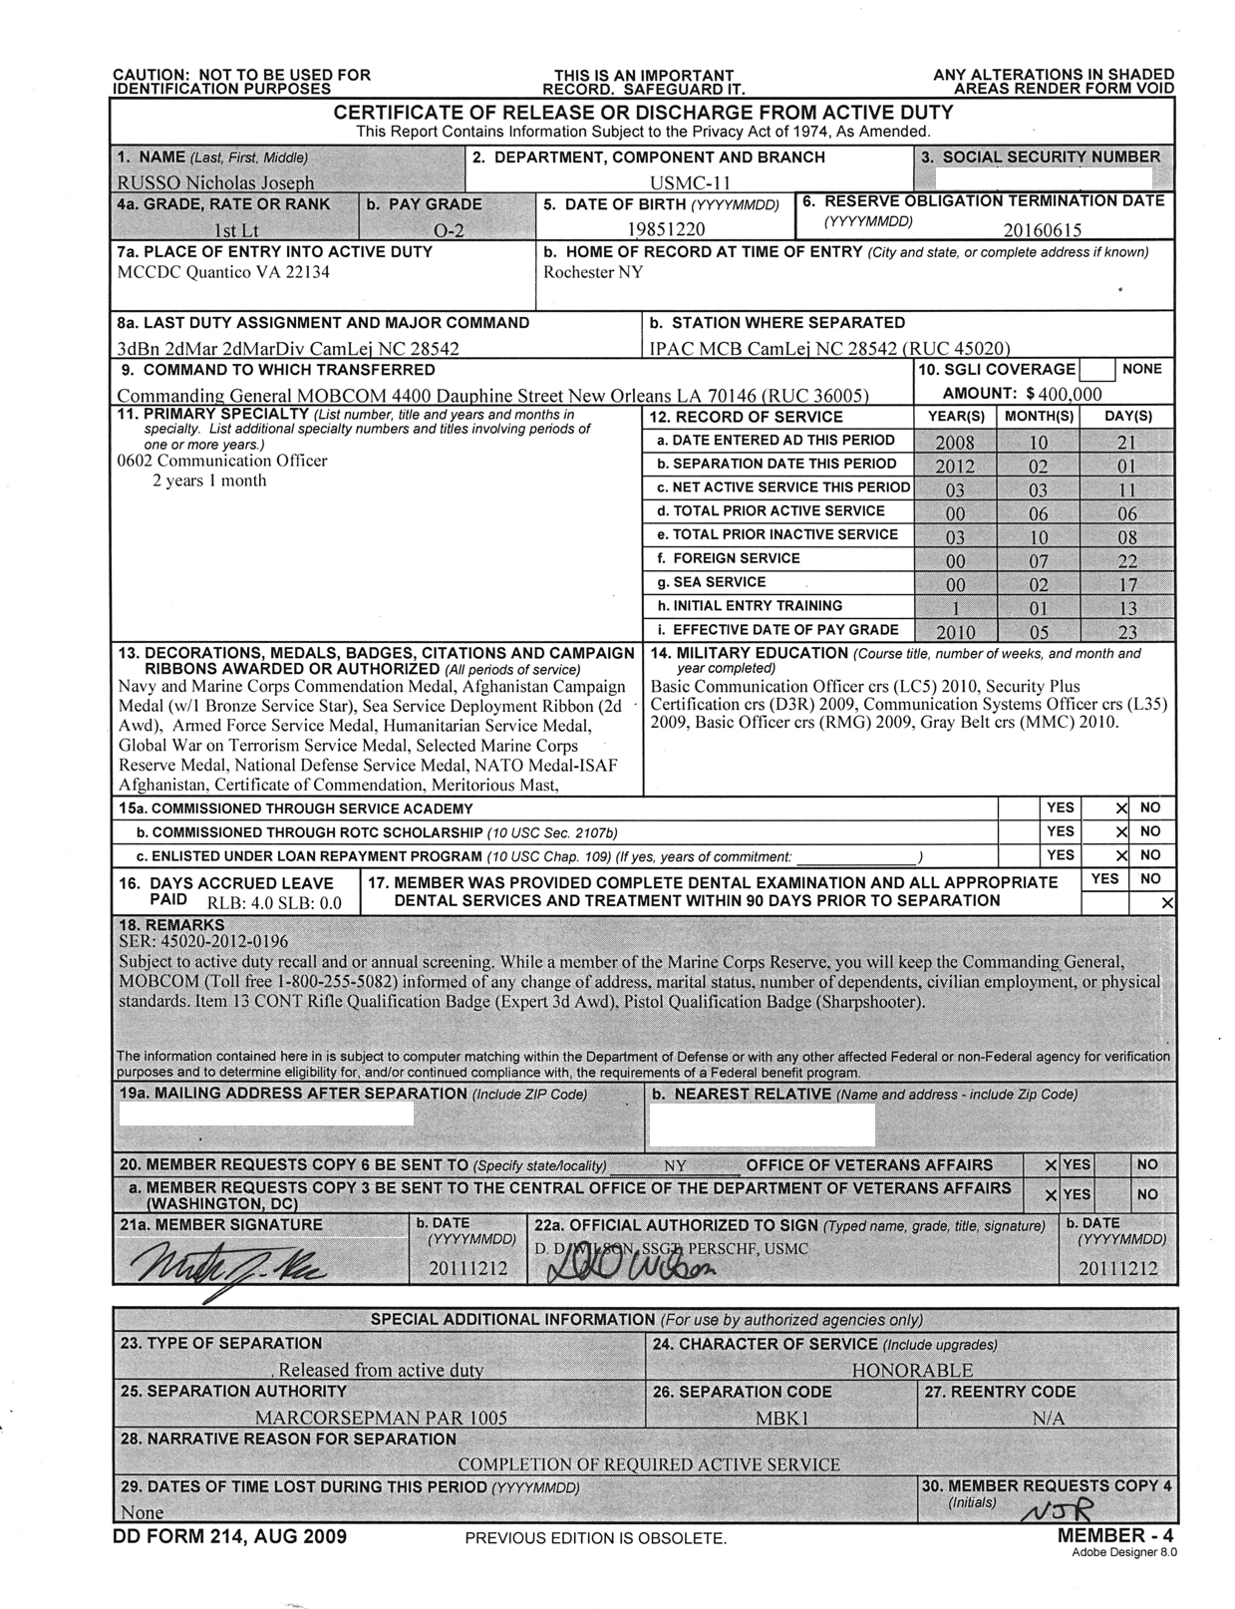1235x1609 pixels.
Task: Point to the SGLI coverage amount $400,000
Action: coord(1050,394)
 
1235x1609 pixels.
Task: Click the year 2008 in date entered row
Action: coord(954,443)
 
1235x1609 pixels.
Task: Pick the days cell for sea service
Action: coord(1125,585)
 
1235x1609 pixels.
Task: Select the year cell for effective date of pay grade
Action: coord(954,632)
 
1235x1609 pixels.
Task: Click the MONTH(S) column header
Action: coord(1039,417)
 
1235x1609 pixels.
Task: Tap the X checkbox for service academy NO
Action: coord(1121,808)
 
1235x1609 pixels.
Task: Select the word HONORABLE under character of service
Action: coord(911,1371)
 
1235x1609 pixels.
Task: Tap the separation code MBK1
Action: coord(779,1418)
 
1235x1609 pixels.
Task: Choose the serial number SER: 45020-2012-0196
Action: coord(202,941)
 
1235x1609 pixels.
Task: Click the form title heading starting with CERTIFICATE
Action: coord(643,113)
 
